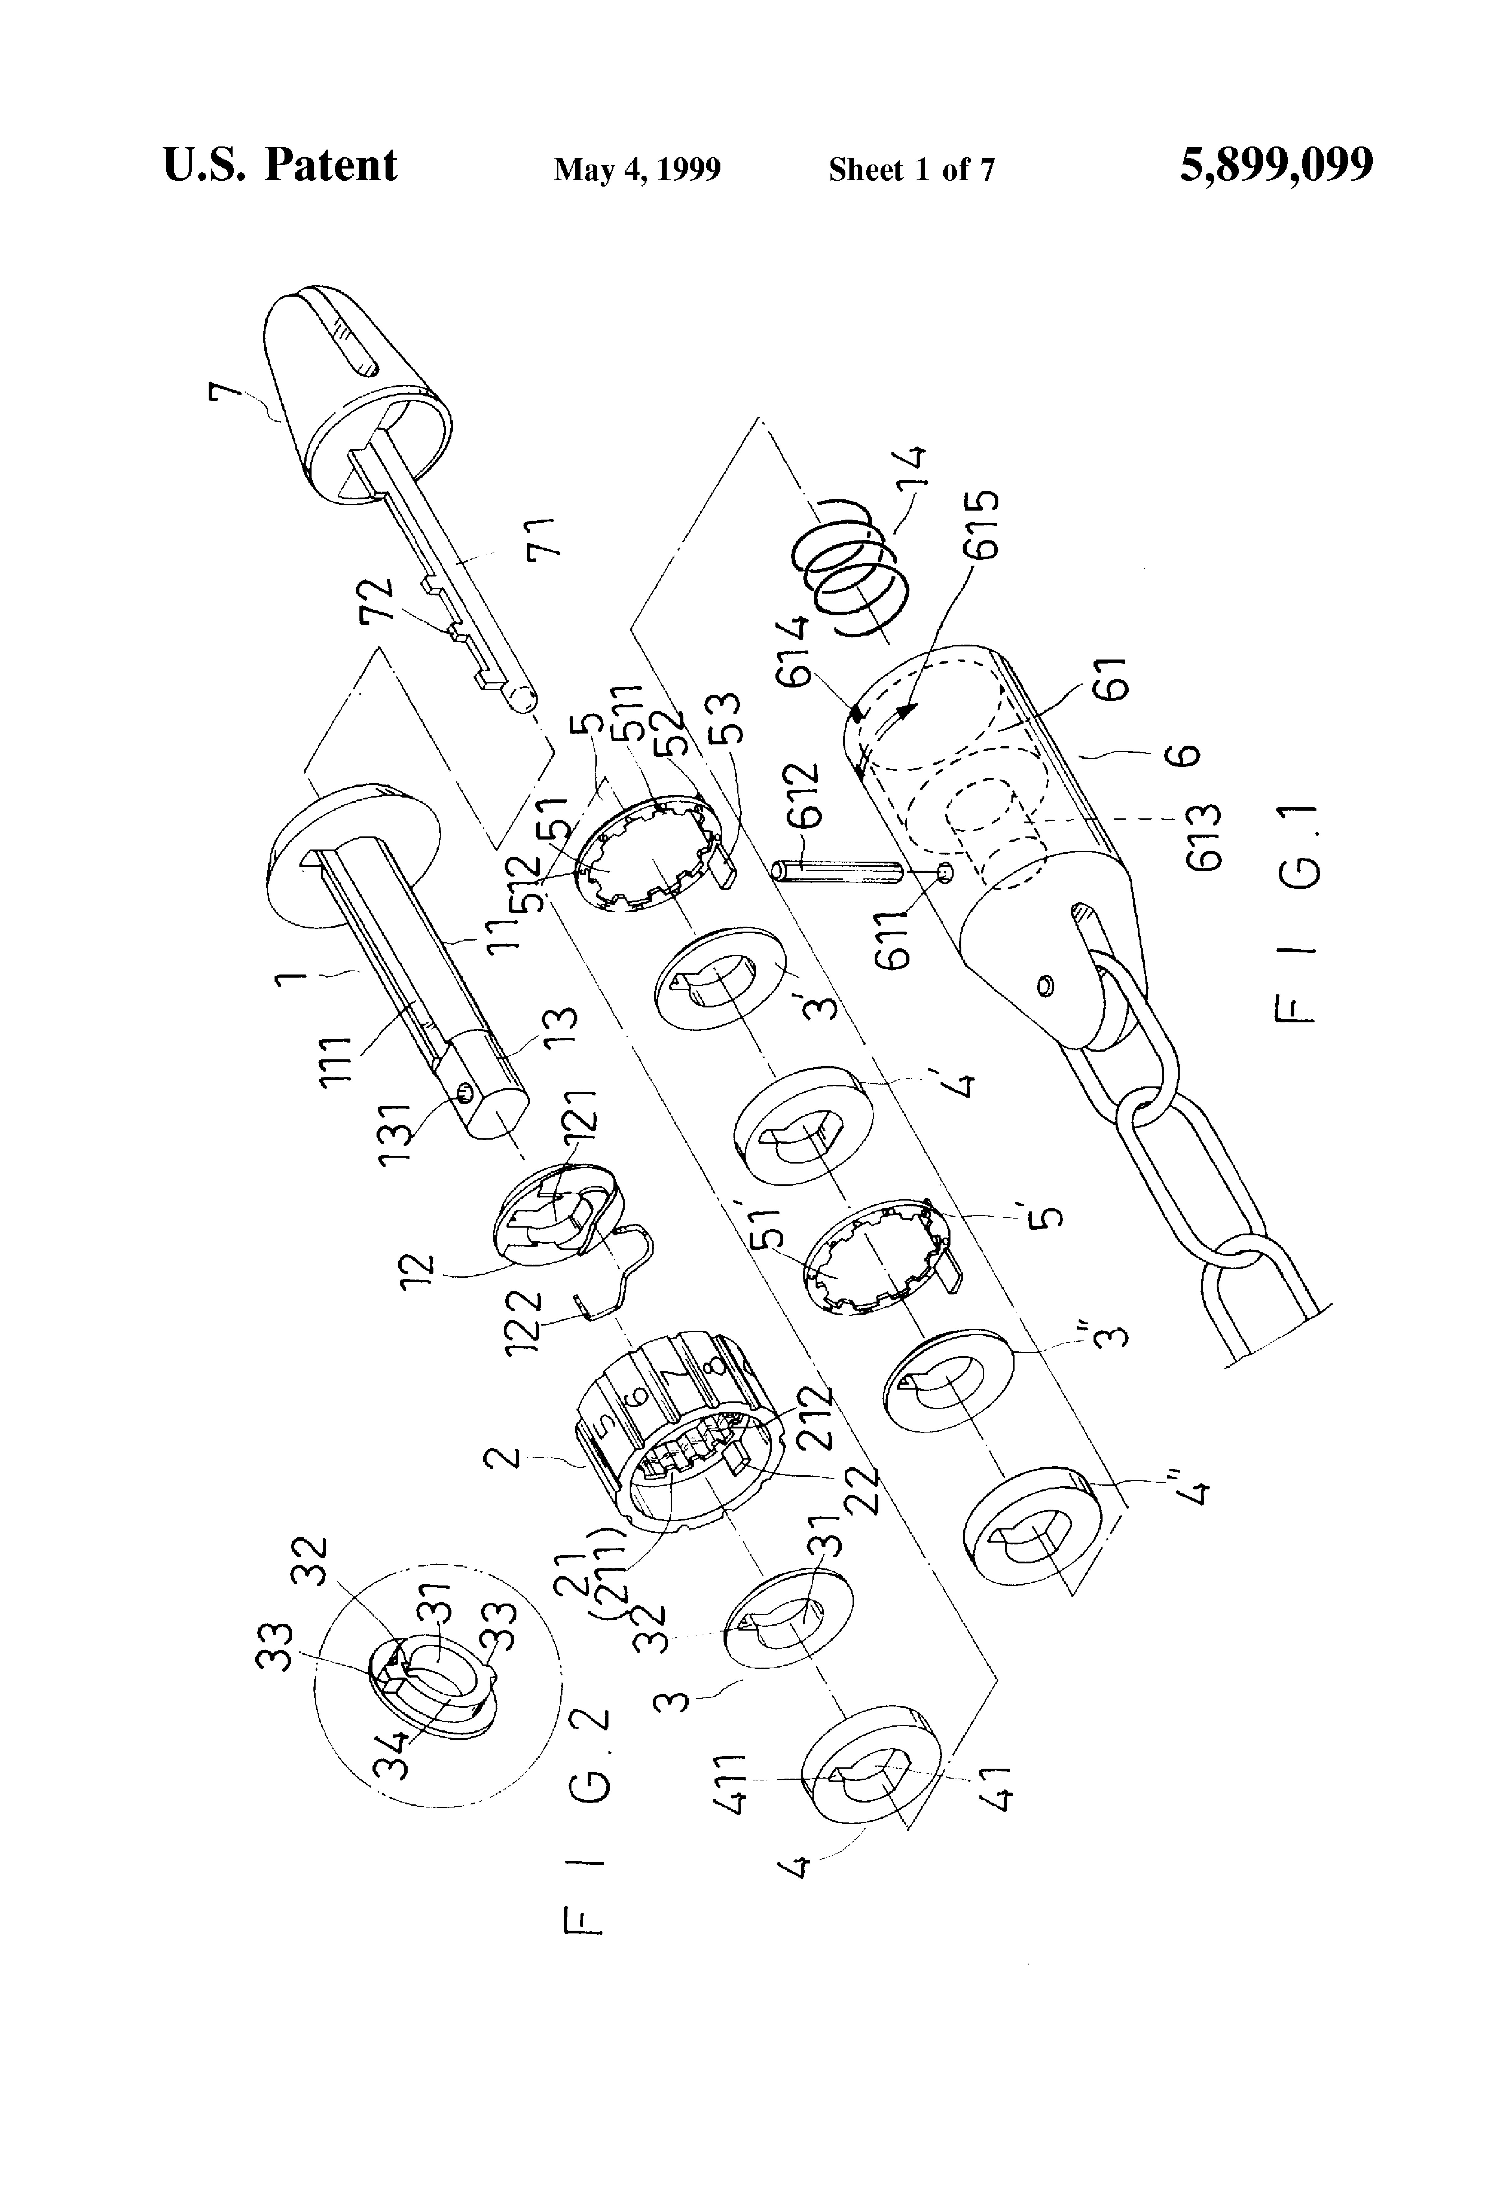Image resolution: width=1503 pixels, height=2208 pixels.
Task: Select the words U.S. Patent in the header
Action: pyautogui.click(x=280, y=165)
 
